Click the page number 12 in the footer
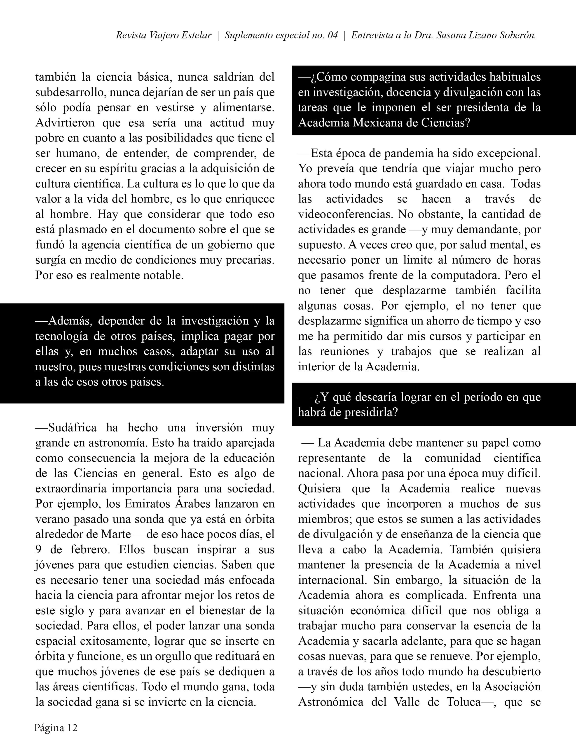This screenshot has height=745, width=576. [x=72, y=728]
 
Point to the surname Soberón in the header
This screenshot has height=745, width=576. [x=517, y=35]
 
